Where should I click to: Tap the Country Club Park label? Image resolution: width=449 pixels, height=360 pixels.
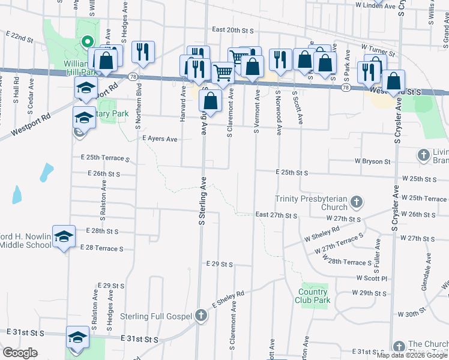(x=314, y=296)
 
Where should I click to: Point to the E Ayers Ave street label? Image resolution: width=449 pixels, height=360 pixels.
(x=159, y=139)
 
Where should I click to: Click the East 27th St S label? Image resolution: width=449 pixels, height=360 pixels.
(x=276, y=215)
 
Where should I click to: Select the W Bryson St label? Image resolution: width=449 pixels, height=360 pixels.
(x=373, y=161)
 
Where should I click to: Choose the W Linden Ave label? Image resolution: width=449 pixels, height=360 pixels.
(x=375, y=5)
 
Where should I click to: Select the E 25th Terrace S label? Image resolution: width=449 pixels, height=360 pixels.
(x=106, y=158)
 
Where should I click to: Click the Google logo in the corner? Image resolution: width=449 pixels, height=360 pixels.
(x=20, y=353)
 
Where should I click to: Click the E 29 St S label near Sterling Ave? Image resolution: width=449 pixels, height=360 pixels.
(x=218, y=264)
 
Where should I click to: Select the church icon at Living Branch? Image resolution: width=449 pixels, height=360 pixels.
(x=424, y=155)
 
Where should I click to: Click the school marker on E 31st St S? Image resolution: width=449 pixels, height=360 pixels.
(x=77, y=338)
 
